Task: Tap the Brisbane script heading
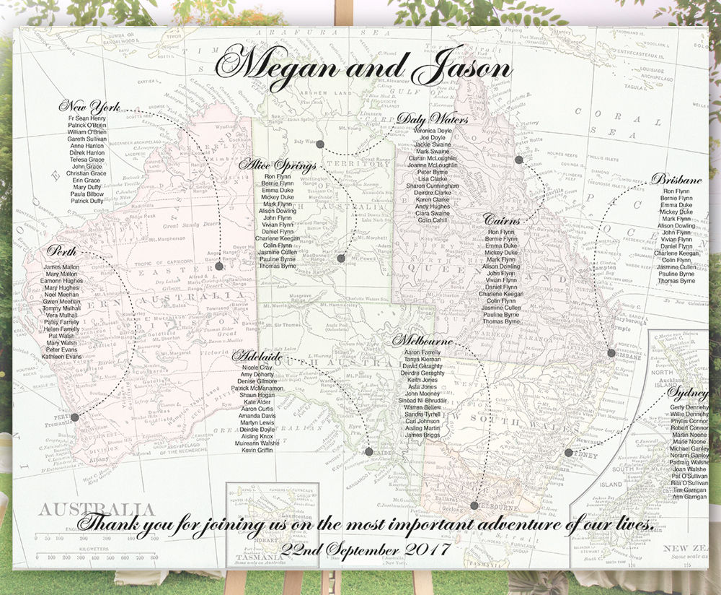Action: pyautogui.click(x=676, y=179)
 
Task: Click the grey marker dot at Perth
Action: pyautogui.click(x=75, y=417)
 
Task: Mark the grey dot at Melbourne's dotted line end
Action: pyautogui.click(x=474, y=505)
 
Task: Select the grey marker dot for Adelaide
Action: pyautogui.click(x=369, y=452)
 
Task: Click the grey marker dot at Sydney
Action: pyautogui.click(x=568, y=453)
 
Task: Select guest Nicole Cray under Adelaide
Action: pyautogui.click(x=257, y=368)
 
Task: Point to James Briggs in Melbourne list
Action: pyautogui.click(x=421, y=435)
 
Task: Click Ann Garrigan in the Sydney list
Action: pyautogui.click(x=689, y=497)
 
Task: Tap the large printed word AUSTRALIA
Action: pyautogui.click(x=97, y=510)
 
